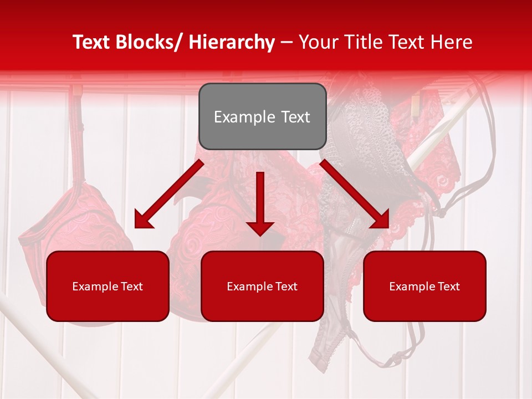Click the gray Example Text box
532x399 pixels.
point(262,116)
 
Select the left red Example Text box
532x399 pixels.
point(108,286)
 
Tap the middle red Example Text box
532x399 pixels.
point(262,286)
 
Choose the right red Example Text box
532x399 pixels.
point(424,286)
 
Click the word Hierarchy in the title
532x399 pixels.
point(232,42)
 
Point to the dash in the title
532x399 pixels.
point(287,42)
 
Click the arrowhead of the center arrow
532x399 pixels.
point(260,228)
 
